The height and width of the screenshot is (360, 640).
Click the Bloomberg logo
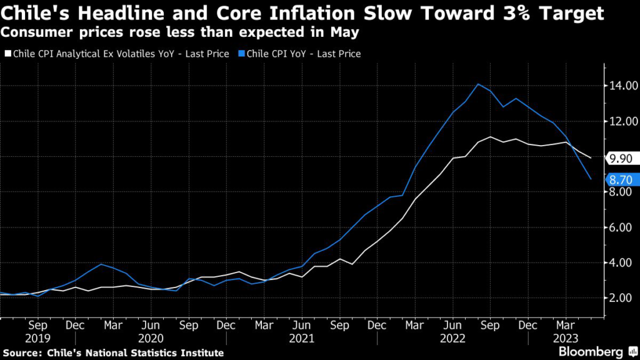[x=590, y=351]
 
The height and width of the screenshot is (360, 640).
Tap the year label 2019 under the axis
[x=38, y=338]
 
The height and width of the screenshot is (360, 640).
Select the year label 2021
[x=302, y=338]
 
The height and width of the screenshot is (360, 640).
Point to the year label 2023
[x=566, y=338]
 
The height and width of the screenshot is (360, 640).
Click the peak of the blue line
[x=478, y=84]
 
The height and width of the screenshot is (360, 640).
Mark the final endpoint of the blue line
[x=591, y=179]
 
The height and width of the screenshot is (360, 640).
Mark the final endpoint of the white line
[x=591, y=158]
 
